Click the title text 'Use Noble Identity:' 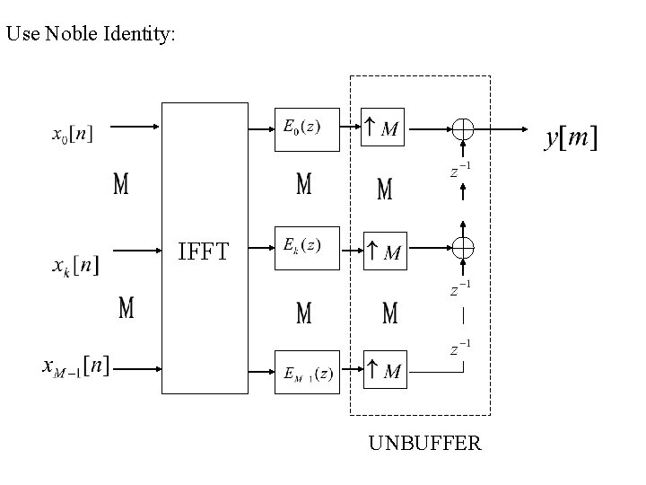pyautogui.click(x=92, y=35)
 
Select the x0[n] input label pyautogui.click(x=71, y=136)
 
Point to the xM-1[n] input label pyautogui.click(x=77, y=366)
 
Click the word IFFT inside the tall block pyautogui.click(x=203, y=251)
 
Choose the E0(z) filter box pyautogui.click(x=306, y=128)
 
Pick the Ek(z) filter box pyautogui.click(x=306, y=247)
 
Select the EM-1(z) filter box pyautogui.click(x=306, y=372)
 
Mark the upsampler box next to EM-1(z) pyautogui.click(x=384, y=371)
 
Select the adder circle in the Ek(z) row pyautogui.click(x=463, y=247)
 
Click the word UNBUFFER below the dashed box pyautogui.click(x=424, y=443)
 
